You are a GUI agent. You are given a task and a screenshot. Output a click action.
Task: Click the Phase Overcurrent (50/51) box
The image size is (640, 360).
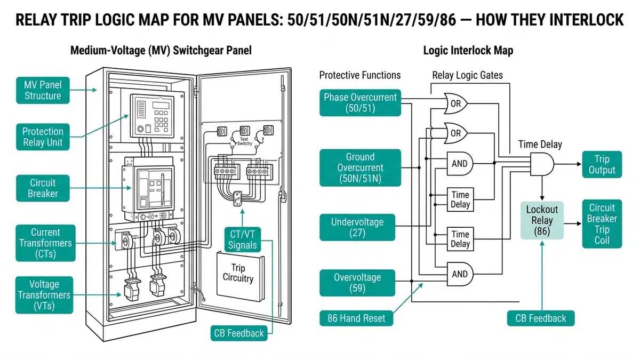[360, 103]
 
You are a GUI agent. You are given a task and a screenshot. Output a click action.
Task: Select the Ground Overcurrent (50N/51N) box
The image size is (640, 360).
[360, 167]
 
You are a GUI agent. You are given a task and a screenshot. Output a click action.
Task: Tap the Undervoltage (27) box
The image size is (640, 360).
[356, 227]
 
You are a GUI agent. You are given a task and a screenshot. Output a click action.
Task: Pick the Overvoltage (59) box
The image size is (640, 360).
[357, 283]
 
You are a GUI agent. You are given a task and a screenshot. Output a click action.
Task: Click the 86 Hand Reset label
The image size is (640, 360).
[356, 319]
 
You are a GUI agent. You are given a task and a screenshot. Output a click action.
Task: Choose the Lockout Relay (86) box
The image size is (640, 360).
[542, 220]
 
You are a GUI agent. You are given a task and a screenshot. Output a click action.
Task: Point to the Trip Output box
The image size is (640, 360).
[602, 164]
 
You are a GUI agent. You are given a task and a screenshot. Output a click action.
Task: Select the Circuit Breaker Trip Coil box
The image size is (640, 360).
[602, 224]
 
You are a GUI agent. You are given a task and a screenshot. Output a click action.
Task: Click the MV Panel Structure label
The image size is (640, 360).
[43, 90]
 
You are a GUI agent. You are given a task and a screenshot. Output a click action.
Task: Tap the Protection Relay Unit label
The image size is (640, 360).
[43, 137]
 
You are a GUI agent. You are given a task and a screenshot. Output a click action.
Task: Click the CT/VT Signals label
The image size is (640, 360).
[243, 239]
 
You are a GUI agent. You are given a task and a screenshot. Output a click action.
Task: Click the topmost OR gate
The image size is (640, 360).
[456, 104]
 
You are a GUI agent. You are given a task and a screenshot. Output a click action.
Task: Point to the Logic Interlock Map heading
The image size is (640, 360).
[468, 51]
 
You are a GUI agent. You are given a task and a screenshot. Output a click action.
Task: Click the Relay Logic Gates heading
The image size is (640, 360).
[467, 75]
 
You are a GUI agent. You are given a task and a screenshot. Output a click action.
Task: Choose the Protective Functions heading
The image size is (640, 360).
[360, 75]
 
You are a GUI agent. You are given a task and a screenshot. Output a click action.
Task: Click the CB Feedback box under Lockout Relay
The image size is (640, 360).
[540, 318]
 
